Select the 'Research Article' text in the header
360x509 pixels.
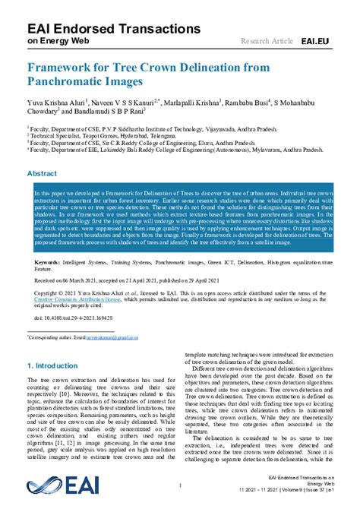(266, 40)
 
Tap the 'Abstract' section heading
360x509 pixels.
(42, 174)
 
